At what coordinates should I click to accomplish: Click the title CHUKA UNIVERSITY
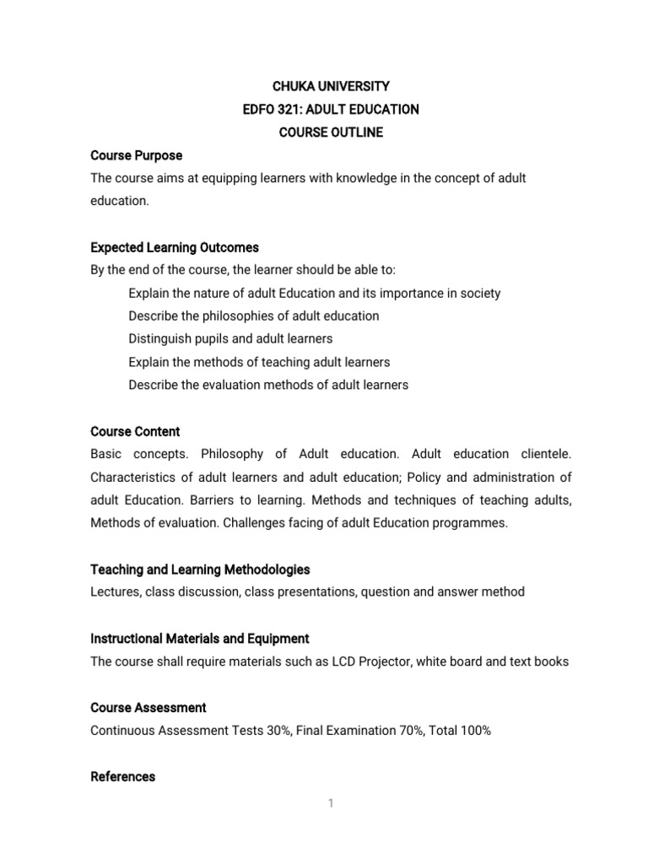coord(330,86)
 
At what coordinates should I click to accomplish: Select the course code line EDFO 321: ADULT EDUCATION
coord(330,110)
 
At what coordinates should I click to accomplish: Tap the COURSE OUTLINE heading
coord(330,132)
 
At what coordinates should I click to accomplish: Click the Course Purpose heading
coord(136,155)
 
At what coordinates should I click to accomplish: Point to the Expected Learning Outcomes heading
coord(175,247)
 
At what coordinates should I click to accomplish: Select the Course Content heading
coord(135,431)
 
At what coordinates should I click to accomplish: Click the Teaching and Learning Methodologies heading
coord(200,570)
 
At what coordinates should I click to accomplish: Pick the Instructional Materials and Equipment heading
coord(200,638)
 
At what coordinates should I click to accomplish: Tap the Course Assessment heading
coord(148,707)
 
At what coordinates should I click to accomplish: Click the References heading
coord(123,776)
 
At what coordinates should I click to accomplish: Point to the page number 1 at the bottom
coord(332,803)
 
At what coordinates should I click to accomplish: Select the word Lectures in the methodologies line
coord(115,592)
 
